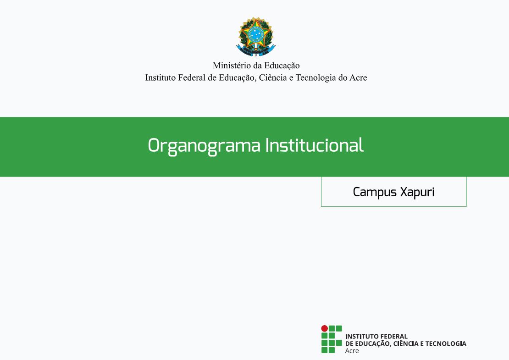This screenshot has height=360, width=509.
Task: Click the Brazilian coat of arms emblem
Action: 256,37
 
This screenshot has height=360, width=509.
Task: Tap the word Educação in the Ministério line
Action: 282,66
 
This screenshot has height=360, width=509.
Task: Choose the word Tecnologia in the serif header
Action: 315,78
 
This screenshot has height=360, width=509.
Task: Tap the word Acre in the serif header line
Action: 358,78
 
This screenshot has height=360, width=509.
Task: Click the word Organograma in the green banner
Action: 204,146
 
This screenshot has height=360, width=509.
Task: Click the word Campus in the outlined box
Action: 375,193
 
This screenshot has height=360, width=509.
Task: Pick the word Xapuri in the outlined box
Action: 417,193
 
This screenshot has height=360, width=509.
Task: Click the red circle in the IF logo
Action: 324,328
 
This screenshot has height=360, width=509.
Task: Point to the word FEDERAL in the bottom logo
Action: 394,337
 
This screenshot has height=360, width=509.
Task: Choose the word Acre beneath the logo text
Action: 352,351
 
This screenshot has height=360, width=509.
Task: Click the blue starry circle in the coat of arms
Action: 256,34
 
